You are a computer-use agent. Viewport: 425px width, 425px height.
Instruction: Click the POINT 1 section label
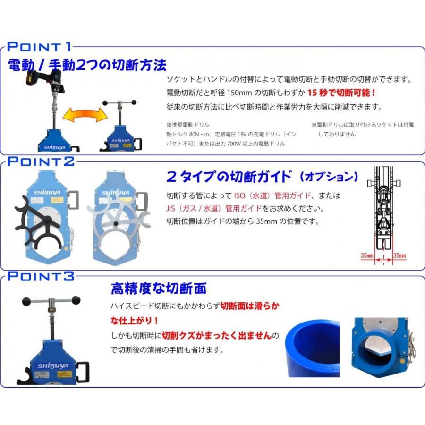click(x=40, y=47)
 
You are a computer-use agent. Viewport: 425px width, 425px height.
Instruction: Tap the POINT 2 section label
click(x=40, y=161)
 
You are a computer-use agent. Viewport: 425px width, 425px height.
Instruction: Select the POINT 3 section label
click(x=40, y=276)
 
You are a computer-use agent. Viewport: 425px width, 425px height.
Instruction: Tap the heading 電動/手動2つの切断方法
click(x=87, y=64)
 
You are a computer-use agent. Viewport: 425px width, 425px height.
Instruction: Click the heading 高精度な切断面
click(x=159, y=288)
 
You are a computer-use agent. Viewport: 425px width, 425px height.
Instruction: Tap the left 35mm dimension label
click(x=367, y=255)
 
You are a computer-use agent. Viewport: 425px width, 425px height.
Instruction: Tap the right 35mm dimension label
click(x=399, y=255)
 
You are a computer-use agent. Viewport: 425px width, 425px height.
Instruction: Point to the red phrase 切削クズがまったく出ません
click(x=217, y=336)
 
